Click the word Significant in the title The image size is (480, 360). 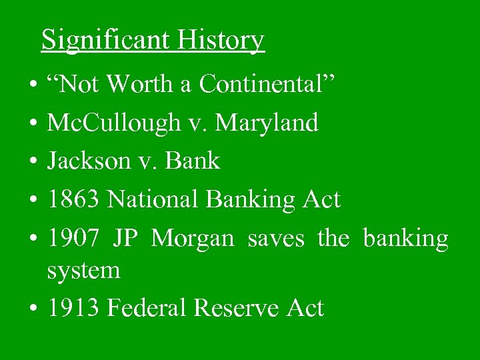[x=107, y=40]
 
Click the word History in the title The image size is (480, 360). [x=221, y=40]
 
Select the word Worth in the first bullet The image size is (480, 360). [x=141, y=85]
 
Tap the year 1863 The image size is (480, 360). [x=73, y=199]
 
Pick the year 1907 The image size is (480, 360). [x=73, y=238]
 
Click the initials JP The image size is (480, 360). [x=125, y=238]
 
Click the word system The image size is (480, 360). [x=83, y=271]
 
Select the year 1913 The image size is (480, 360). [x=73, y=309]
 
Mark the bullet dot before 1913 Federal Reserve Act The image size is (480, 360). [x=32, y=309]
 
